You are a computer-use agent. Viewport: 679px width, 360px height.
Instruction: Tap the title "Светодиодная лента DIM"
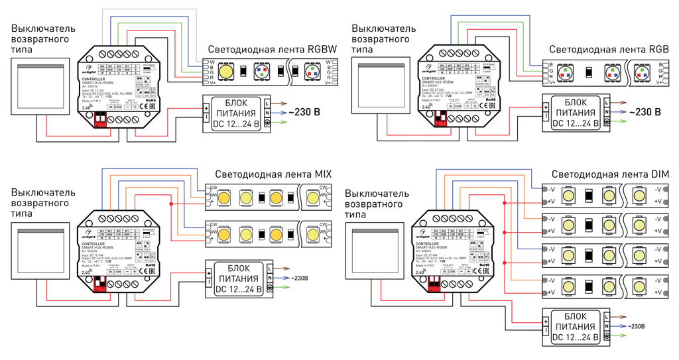(x=609, y=174)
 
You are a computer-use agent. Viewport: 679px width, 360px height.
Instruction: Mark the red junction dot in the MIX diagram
(x=171, y=204)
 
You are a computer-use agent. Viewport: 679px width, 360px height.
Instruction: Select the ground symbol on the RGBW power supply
(x=267, y=124)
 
